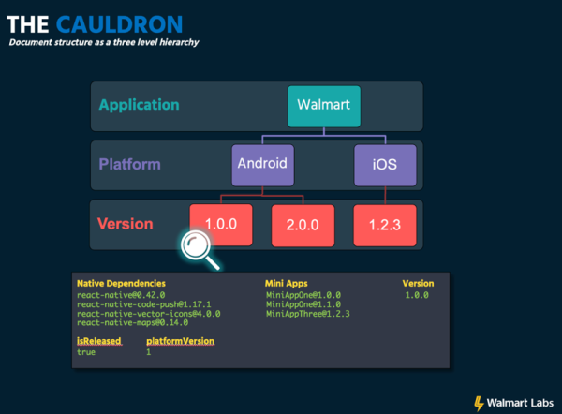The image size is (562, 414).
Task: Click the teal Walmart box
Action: [324, 106]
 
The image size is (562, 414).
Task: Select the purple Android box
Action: [262, 165]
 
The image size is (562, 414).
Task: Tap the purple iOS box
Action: [385, 165]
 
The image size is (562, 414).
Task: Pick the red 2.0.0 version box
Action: [303, 226]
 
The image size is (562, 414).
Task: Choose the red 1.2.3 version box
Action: [385, 226]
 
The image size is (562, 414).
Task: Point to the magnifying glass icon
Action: [200, 249]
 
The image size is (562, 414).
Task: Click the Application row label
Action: [139, 105]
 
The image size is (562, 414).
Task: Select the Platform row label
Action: [130, 164]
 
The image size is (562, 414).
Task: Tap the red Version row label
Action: [126, 224]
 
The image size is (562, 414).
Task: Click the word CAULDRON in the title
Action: [119, 24]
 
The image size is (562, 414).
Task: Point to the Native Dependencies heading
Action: [121, 283]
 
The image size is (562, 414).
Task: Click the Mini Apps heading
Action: [287, 283]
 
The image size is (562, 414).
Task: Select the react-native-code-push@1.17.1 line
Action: [144, 304]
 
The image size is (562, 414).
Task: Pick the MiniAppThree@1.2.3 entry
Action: [308, 314]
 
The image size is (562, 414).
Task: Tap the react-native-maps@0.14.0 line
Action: [133, 322]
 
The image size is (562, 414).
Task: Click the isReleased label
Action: [99, 341]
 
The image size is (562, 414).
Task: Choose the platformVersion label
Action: [180, 341]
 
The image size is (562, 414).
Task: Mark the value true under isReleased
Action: [86, 352]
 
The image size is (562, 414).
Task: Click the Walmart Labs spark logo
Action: [479, 404]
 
